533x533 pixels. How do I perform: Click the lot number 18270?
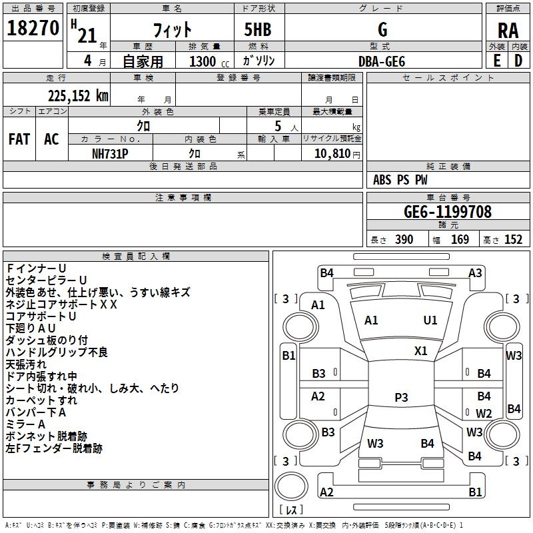tap(33, 28)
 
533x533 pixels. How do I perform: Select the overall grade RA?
tap(508, 31)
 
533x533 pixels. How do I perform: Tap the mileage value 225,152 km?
tap(78, 96)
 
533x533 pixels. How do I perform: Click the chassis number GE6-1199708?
tap(447, 211)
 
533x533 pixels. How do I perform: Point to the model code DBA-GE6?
tap(382, 61)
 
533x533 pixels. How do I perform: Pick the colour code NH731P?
tap(110, 154)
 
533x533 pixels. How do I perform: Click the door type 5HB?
tap(258, 29)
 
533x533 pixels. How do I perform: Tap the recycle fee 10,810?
tap(332, 154)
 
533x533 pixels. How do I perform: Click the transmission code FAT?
tap(19, 139)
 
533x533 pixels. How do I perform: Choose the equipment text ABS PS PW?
tap(400, 179)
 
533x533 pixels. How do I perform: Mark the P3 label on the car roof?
tap(401, 397)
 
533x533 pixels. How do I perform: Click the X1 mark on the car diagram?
tap(420, 351)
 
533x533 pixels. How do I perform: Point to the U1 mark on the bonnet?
tap(430, 320)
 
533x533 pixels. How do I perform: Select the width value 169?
tap(460, 239)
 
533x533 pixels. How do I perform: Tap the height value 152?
tap(513, 239)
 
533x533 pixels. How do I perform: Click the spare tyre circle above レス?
tap(291, 486)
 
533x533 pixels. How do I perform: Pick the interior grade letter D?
tap(518, 61)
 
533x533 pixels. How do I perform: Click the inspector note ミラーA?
tap(25, 424)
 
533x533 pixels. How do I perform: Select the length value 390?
tap(404, 239)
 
